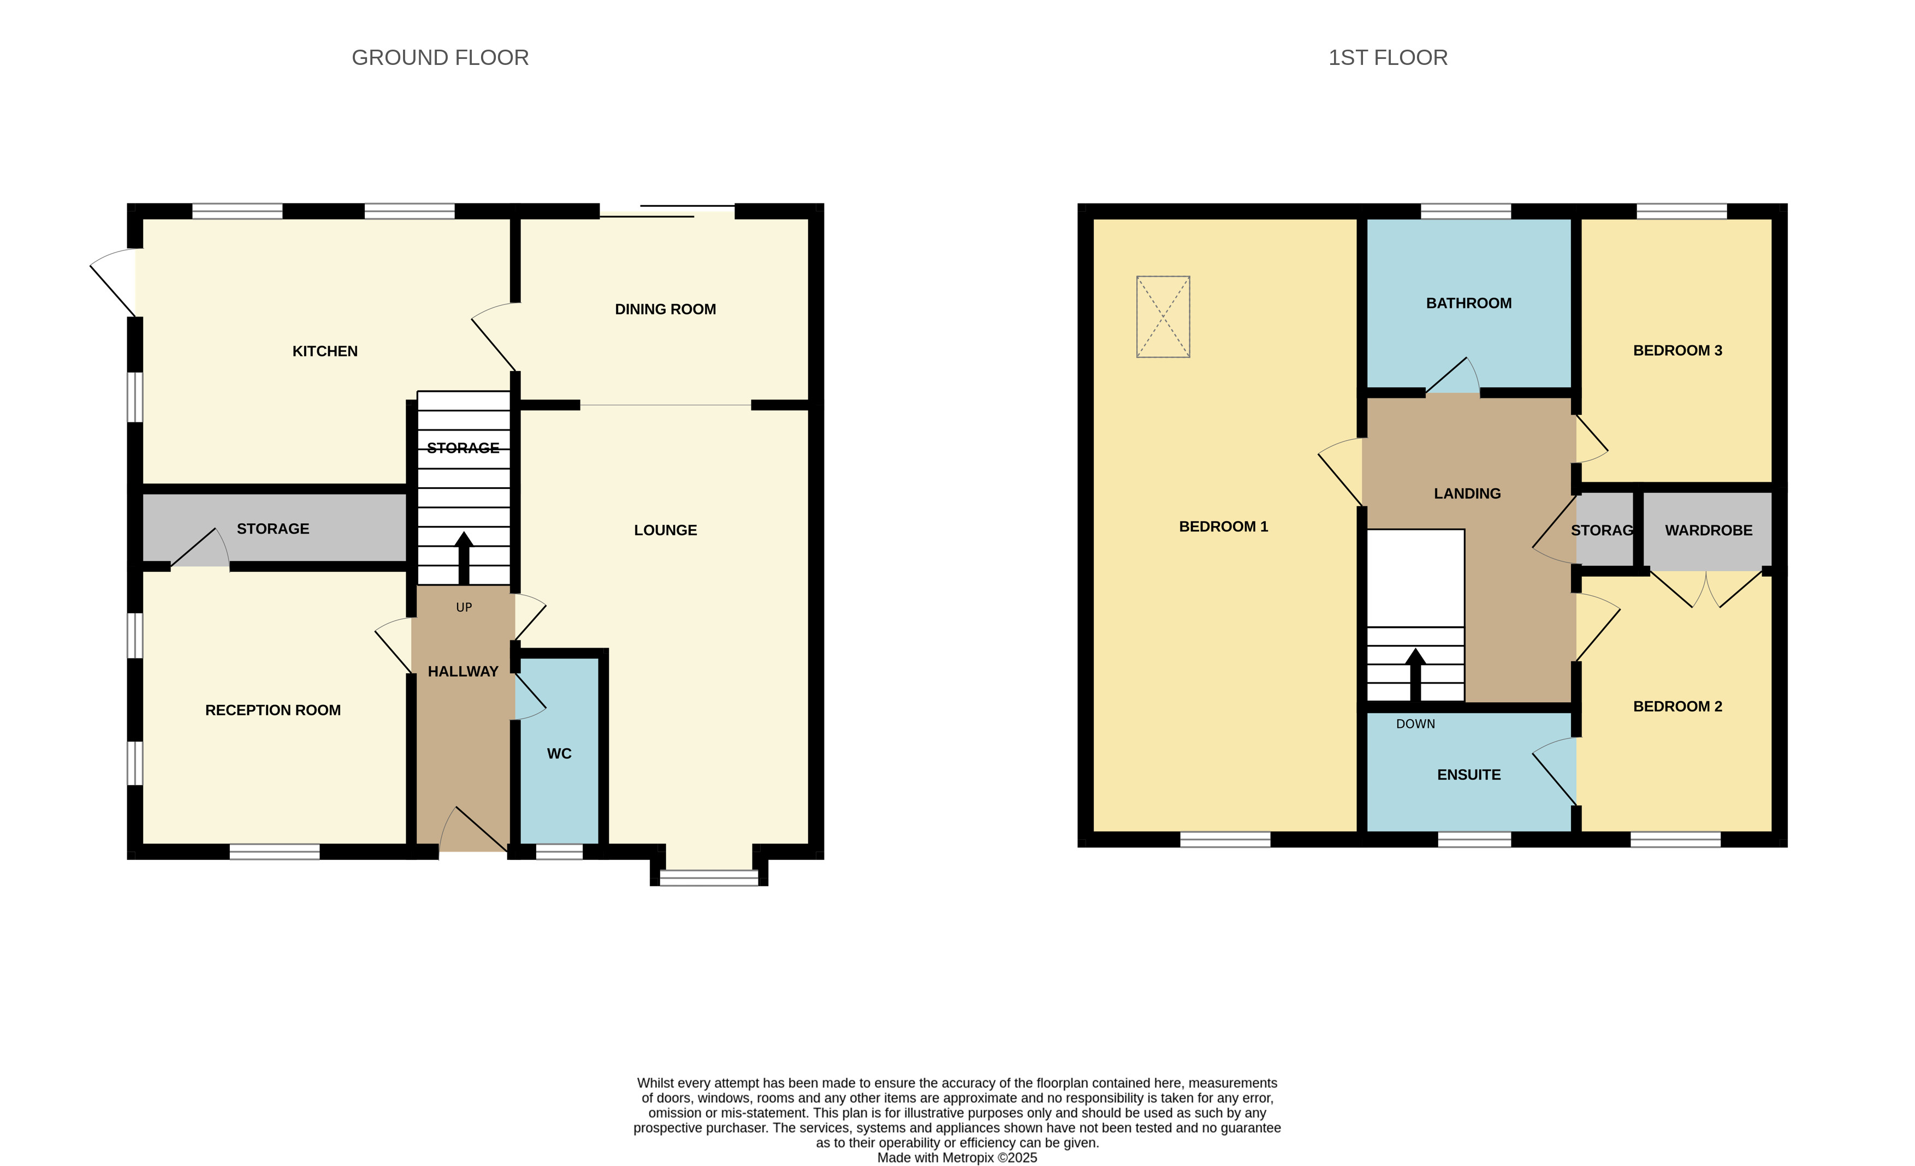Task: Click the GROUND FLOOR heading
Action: [x=440, y=57]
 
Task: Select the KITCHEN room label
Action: [x=325, y=351]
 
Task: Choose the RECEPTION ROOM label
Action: [x=273, y=710]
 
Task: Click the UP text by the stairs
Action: [x=464, y=607]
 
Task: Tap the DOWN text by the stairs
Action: [x=1415, y=724]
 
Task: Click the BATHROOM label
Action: [x=1469, y=303]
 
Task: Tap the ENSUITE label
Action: [x=1469, y=774]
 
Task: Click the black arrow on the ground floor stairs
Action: [x=464, y=558]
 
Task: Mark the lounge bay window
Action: [x=709, y=878]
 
